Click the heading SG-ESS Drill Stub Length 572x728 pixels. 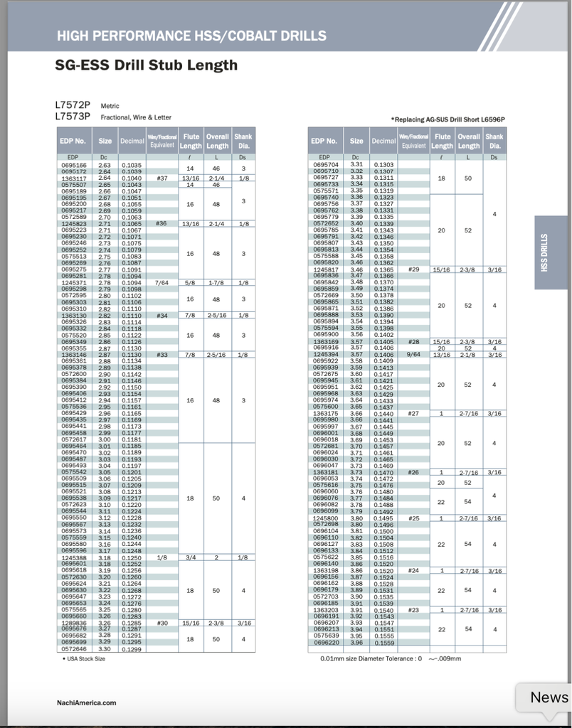(x=146, y=65)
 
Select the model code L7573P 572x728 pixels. (x=73, y=116)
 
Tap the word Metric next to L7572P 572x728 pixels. (x=110, y=106)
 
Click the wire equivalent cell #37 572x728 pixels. (x=161, y=178)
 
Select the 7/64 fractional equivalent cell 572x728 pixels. (x=161, y=282)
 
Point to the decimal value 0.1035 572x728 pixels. (x=132, y=165)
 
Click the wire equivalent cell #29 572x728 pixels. (x=414, y=269)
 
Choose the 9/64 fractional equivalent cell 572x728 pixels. (x=414, y=354)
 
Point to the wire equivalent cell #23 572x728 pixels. (x=414, y=609)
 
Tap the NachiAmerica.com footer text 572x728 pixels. (x=86, y=703)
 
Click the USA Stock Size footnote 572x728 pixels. (x=84, y=659)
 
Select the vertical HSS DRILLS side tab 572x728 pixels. (x=555, y=252)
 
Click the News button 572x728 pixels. (x=549, y=697)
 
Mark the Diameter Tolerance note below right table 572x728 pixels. (x=391, y=658)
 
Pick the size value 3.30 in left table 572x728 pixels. (x=105, y=648)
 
